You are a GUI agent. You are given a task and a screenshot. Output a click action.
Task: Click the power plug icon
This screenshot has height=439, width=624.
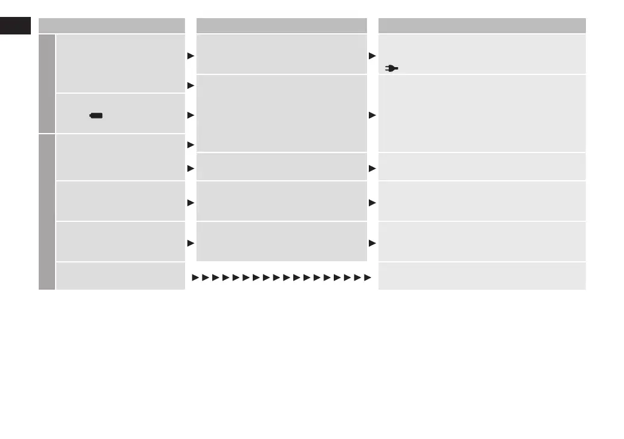(x=392, y=69)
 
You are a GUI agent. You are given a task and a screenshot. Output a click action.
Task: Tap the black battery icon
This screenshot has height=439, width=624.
(x=96, y=115)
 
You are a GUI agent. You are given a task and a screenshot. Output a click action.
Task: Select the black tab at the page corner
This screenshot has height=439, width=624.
(x=15, y=26)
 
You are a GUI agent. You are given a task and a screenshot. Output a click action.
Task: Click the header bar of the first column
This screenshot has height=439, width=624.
(x=112, y=25)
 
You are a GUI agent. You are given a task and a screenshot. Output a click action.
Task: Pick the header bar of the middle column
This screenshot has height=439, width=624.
(x=282, y=25)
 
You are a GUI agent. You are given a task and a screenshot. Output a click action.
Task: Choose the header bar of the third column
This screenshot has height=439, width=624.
(x=482, y=25)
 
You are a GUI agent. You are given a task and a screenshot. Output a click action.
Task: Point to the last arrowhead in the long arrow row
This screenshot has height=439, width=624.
(x=366, y=278)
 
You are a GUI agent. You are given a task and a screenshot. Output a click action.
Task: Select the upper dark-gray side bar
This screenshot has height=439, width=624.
(x=47, y=83)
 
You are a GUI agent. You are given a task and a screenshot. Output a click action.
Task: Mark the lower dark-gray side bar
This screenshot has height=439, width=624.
(x=47, y=212)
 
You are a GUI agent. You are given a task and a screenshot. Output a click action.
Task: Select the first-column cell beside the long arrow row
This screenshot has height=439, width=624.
(x=120, y=276)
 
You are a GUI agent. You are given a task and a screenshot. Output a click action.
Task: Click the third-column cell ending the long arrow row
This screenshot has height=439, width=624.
(x=482, y=276)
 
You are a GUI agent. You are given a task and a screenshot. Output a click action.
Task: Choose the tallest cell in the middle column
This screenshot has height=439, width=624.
(x=282, y=113)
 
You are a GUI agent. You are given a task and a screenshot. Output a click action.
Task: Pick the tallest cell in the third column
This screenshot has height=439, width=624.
(x=482, y=113)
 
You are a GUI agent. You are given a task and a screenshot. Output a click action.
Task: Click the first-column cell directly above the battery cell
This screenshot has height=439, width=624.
(x=120, y=63)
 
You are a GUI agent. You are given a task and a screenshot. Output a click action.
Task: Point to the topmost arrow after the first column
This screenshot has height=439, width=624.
(x=190, y=56)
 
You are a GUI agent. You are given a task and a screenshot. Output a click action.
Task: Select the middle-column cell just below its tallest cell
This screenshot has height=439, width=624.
(x=282, y=166)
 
